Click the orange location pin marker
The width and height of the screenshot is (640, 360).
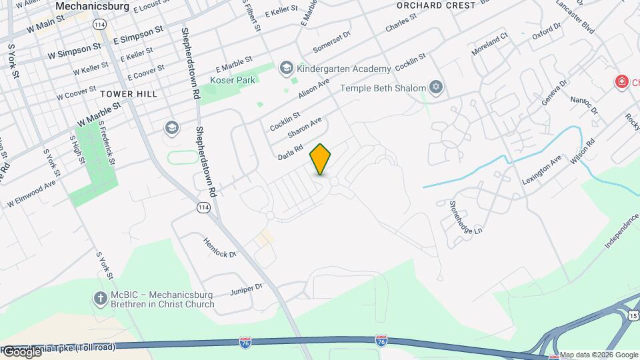(321, 159)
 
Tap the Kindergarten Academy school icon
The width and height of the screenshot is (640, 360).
(287, 68)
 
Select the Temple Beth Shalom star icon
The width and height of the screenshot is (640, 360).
(437, 88)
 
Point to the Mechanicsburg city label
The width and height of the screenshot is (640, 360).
(92, 6)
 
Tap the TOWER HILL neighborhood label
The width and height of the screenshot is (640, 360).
(129, 94)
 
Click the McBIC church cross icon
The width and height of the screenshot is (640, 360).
(101, 298)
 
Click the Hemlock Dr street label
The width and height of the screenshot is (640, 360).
(220, 249)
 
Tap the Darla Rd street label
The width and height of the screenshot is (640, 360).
(291, 153)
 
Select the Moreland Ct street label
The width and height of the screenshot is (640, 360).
(490, 42)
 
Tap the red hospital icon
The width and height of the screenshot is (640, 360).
(621, 81)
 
